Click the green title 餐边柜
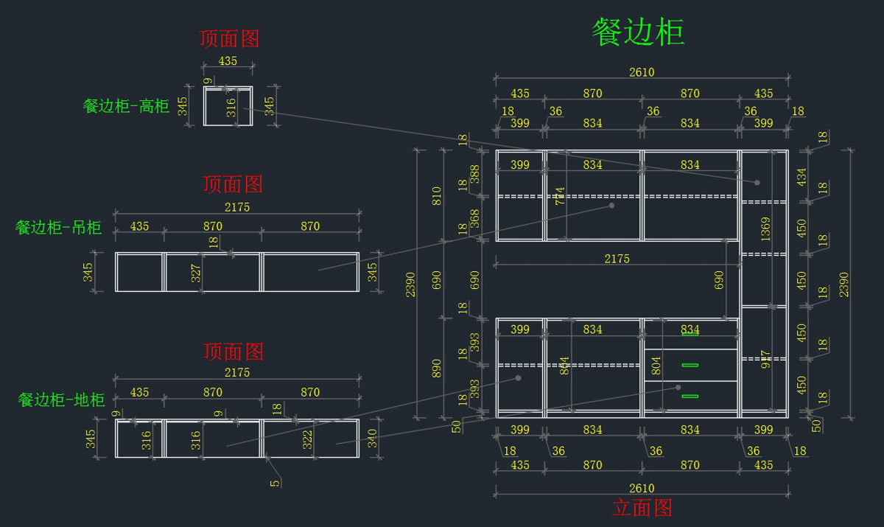tap(639, 33)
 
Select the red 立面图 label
tap(642, 508)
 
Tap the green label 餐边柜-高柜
tap(126, 106)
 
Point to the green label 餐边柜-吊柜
tap(58, 227)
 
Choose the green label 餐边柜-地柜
tap(61, 400)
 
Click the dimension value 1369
tap(766, 229)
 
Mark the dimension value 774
tap(560, 200)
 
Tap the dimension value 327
tap(196, 273)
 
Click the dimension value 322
tap(308, 440)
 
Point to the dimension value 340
tap(373, 439)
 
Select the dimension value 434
tap(802, 177)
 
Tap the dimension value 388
tap(475, 174)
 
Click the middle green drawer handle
tap(690, 364)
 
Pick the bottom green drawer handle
tap(690, 397)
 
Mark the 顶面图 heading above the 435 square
tap(229, 38)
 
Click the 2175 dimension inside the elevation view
tap(617, 259)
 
